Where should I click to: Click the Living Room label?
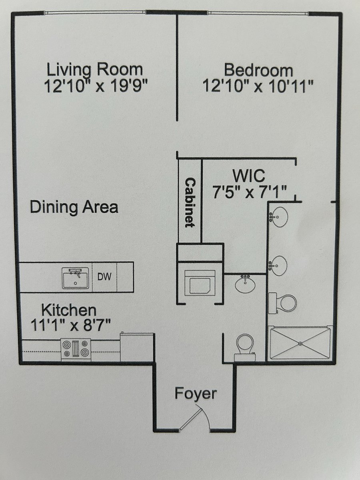point(95,70)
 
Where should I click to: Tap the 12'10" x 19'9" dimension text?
point(96,85)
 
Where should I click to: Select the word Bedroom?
point(258,70)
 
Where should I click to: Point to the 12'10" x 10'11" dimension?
point(258,86)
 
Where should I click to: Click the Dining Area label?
point(74,207)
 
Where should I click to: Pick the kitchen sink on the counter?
point(76,278)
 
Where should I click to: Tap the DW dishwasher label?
point(104,277)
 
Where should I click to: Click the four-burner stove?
point(76,350)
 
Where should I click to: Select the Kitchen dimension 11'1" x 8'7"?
point(71,325)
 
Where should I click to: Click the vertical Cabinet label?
point(190,202)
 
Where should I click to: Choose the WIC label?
point(249,176)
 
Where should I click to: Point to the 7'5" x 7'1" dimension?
point(250,192)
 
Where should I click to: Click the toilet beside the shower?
point(283,303)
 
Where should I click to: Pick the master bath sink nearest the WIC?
point(278,217)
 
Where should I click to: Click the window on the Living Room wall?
point(95,12)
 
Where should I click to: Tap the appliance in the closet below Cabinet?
point(200,283)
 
